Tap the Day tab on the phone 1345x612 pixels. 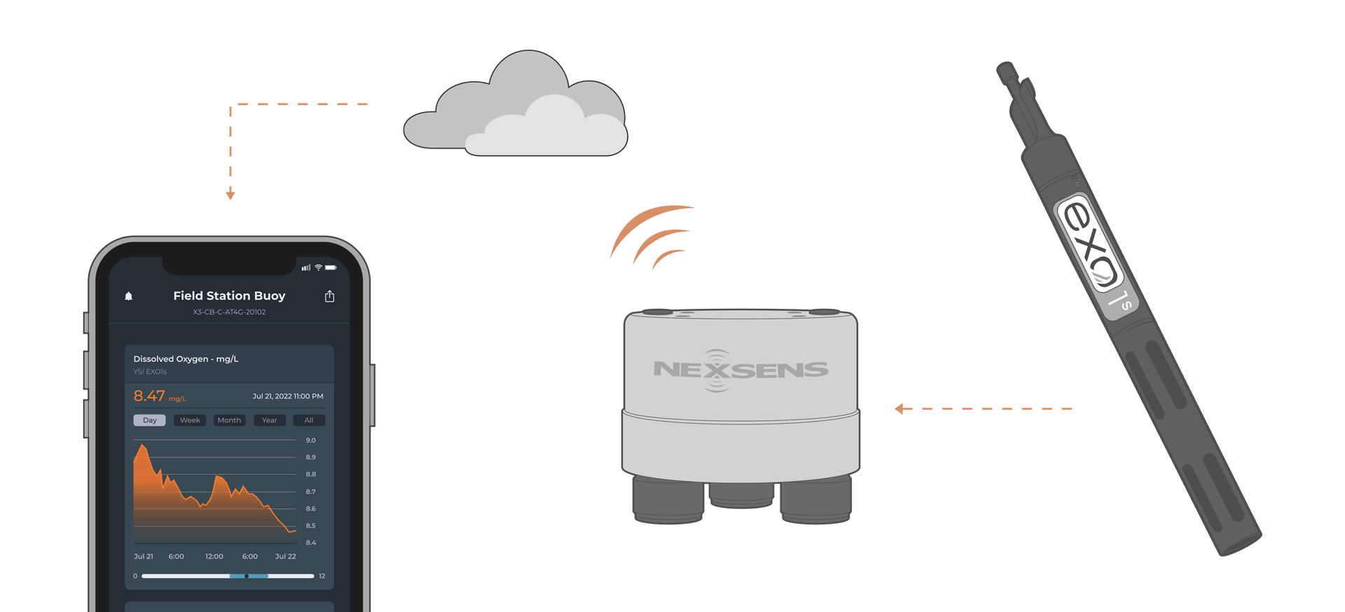(x=150, y=420)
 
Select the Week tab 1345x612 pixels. (x=190, y=420)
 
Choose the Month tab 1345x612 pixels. (x=229, y=420)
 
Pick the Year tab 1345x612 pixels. (x=270, y=420)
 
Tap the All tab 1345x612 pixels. (x=309, y=420)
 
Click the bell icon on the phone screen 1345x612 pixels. (x=129, y=296)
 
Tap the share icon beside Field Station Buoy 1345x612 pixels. (x=330, y=296)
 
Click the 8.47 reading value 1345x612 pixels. (x=149, y=396)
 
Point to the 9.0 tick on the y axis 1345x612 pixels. (x=311, y=440)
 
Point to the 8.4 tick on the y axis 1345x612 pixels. (x=311, y=543)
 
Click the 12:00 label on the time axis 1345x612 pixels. (x=214, y=557)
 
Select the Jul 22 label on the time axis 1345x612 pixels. (x=286, y=557)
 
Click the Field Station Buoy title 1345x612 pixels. (x=229, y=296)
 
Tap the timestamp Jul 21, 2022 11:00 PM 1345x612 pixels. (x=288, y=396)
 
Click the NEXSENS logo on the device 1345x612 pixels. (x=740, y=370)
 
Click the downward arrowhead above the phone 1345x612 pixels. (x=230, y=195)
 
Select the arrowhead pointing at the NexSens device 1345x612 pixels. (x=899, y=409)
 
